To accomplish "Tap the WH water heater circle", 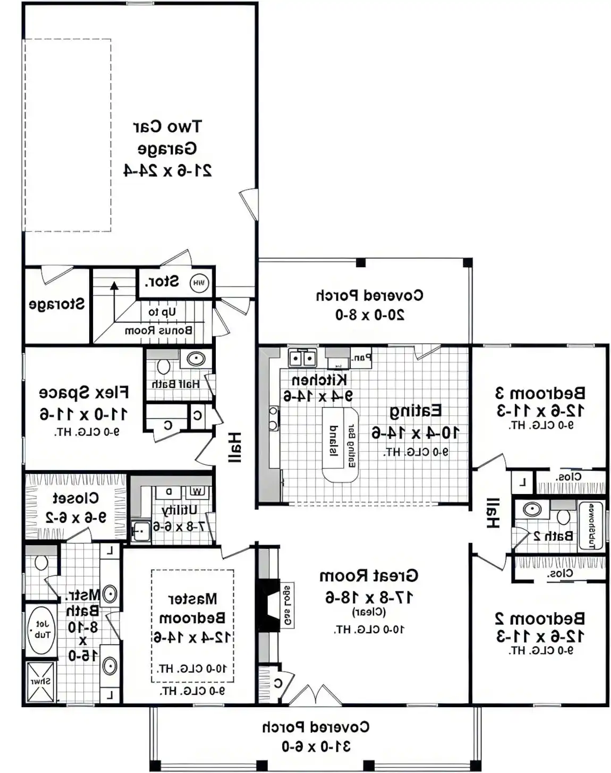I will (199, 283).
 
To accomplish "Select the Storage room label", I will (56, 304).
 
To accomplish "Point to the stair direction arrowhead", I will (114, 286).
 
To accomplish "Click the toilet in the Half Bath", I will (163, 366).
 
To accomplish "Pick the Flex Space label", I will (83, 393).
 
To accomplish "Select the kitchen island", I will (340, 444).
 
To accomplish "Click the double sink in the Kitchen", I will (302, 359).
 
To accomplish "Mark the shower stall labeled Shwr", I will (40, 681).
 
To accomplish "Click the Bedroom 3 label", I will (540, 393).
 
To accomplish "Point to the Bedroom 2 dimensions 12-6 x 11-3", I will (540, 635).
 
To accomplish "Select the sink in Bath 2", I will (532, 509).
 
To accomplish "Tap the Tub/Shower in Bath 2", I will (591, 525).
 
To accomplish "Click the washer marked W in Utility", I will (197, 491).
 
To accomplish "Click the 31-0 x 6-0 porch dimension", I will (316, 746).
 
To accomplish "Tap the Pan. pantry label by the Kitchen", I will (361, 358).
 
